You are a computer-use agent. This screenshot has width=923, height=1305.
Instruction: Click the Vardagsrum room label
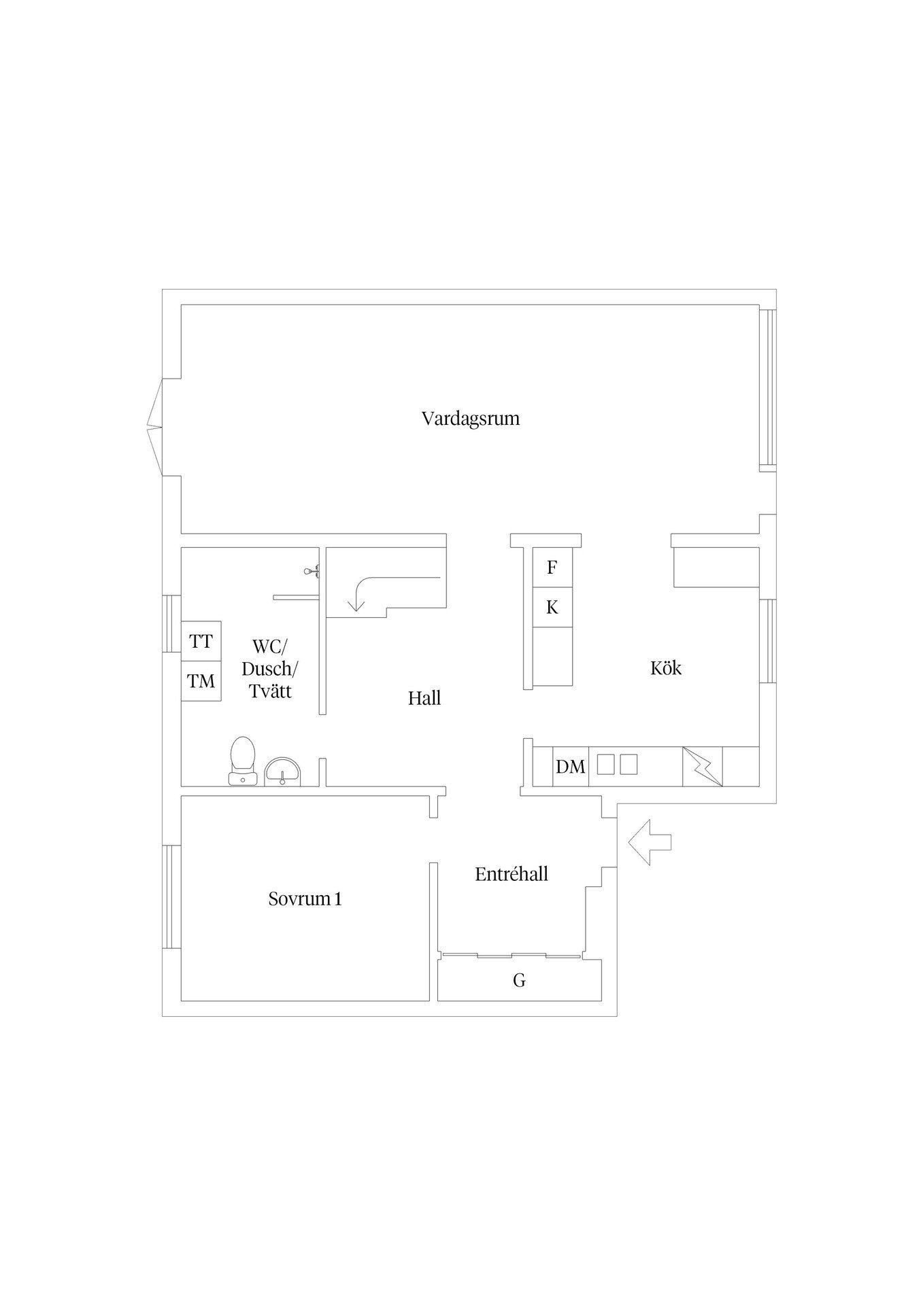coord(471,418)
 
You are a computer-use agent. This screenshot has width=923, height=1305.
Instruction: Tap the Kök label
coord(666,668)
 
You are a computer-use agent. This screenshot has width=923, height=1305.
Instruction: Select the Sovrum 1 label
coord(305,899)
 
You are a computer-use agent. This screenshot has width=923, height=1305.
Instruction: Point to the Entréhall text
coord(511,874)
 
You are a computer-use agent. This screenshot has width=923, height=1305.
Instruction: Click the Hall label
coord(424,698)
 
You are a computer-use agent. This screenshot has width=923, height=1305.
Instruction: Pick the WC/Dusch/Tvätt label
coord(270,668)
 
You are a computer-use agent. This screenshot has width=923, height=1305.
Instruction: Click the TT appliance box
coord(201,641)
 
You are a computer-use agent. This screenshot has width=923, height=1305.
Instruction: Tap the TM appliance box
coord(201,681)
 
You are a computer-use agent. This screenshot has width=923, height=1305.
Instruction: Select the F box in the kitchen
coord(552,568)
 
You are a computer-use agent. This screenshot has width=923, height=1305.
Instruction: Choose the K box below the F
coord(552,608)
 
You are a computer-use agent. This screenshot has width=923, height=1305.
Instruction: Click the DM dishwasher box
coord(570,767)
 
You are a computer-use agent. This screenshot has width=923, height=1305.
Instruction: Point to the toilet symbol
coord(243,761)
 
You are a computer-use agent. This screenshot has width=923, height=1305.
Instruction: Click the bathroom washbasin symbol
coord(282,772)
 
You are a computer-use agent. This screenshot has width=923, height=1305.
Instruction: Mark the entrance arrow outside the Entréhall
coord(650,842)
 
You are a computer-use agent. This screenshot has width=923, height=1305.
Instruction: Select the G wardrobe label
coord(519,981)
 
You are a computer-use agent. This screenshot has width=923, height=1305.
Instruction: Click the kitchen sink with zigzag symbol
coord(703,767)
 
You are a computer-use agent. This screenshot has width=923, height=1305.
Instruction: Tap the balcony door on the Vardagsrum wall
coord(155,427)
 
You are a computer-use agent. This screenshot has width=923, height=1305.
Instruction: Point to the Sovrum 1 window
coord(171,897)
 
